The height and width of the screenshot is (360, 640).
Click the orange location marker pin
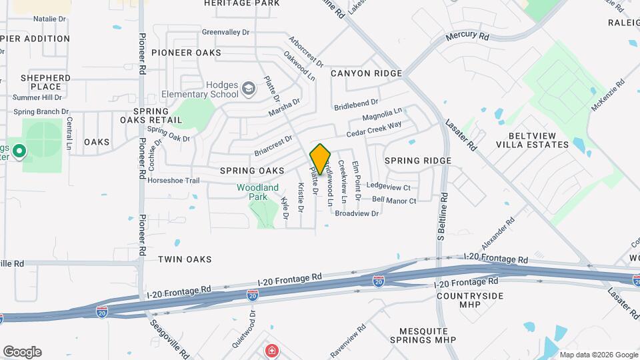[x=320, y=159]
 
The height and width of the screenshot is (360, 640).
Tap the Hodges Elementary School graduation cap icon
[x=248, y=88]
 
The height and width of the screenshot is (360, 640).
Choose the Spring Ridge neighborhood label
[x=418, y=161]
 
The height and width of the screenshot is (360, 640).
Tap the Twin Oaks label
[x=185, y=259]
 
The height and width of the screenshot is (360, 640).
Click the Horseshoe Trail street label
[x=173, y=181]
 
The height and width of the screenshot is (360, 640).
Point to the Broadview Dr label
[x=357, y=213]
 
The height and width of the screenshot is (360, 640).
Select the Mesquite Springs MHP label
[x=427, y=335]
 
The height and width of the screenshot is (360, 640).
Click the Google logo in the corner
[x=21, y=352]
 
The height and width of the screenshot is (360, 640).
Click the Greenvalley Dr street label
[x=225, y=31]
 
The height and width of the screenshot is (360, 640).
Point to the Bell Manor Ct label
[x=394, y=200]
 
